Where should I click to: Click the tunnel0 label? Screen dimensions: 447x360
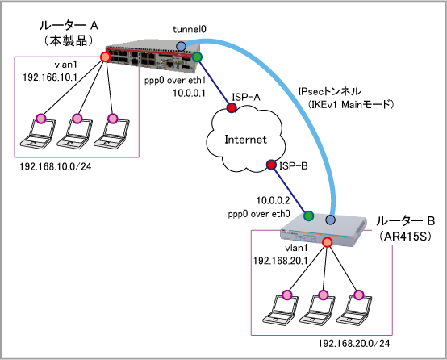[x=190, y=29]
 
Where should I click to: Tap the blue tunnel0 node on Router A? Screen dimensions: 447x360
[x=181, y=46]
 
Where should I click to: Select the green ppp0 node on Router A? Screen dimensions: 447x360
[x=197, y=57]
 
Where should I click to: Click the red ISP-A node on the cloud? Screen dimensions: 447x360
[x=232, y=107]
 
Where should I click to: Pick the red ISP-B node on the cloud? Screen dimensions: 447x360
[x=271, y=165]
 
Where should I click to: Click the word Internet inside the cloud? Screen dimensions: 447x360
[x=245, y=140]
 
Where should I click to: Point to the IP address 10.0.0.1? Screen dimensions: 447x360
[x=190, y=94]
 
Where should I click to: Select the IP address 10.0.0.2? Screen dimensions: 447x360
[x=273, y=200]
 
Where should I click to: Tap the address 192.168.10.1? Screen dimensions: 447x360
[x=50, y=77]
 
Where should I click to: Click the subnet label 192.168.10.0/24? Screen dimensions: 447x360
[x=56, y=166]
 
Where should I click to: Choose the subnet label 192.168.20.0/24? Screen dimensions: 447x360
[x=353, y=344]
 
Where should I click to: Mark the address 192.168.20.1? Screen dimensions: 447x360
[x=281, y=261]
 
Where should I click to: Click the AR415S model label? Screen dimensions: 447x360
[x=405, y=237]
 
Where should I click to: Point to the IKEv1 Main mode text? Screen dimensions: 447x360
[x=351, y=104]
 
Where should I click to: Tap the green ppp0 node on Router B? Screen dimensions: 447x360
[x=308, y=216]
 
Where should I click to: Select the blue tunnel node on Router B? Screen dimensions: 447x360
[x=331, y=220]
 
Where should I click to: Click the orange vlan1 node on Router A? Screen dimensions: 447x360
[x=105, y=57]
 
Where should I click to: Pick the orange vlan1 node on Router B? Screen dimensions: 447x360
[x=327, y=242]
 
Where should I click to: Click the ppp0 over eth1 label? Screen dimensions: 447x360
[x=175, y=81]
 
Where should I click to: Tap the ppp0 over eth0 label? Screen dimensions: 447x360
[x=259, y=214]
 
